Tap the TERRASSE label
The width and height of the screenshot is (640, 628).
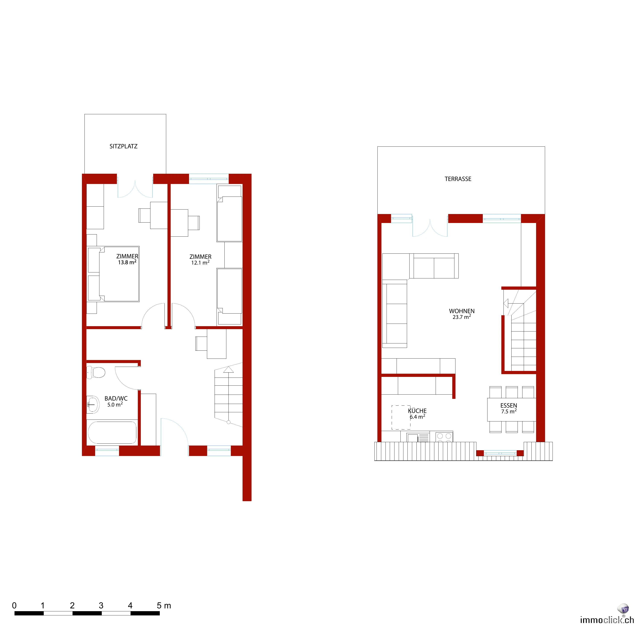pos(458,179)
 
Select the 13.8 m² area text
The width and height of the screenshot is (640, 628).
pos(127,262)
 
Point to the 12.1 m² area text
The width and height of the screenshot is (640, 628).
pos(200,263)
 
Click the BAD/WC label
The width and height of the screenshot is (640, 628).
pos(116,398)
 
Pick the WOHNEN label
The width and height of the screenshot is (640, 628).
pos(462,311)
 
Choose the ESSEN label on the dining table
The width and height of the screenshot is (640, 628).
pos(509,405)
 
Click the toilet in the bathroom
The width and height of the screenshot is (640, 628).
pos(96,372)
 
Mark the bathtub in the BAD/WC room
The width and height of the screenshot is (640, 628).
pos(112,432)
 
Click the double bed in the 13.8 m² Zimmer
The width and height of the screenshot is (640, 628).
pos(113,274)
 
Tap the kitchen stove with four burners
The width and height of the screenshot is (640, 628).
pos(444,437)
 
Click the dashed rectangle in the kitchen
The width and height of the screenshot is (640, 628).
pos(401,418)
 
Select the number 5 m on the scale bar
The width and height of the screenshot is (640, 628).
pos(164,606)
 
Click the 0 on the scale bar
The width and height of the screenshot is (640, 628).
pos(14,606)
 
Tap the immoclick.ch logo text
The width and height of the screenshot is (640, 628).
pos(607,620)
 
